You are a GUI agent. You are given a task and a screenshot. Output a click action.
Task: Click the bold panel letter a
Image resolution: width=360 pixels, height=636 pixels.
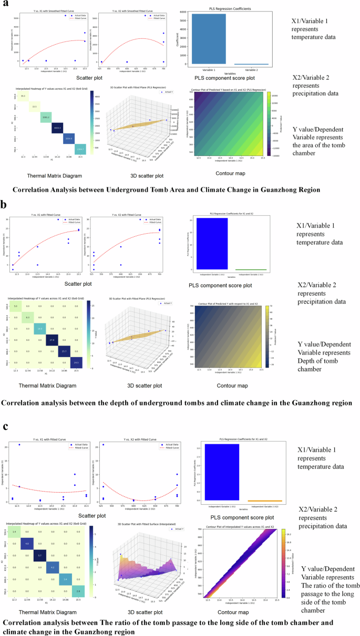pyautogui.click(x=5, y=5)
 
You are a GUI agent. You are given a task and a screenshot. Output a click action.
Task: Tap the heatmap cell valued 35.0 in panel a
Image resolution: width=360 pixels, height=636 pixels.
pyautogui.click(x=23, y=96)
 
